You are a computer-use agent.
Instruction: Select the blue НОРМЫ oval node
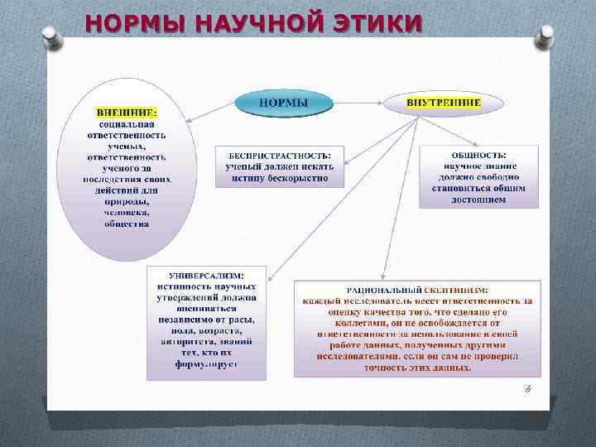pos(284,103)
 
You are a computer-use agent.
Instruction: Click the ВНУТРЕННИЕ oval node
pos(443,103)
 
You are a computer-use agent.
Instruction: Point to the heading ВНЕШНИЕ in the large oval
pos(127,112)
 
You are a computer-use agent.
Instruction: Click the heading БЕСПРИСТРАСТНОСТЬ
pos(272,154)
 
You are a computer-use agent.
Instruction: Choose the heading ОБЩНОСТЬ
pos(479,154)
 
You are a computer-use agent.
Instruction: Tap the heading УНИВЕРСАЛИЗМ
pos(206,275)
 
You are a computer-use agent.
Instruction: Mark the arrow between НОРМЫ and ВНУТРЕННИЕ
pos(358,103)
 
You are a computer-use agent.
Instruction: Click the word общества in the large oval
pos(127,223)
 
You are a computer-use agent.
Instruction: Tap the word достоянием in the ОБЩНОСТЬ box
pos(479,199)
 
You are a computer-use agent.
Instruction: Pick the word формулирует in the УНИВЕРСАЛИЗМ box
pos(206,364)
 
